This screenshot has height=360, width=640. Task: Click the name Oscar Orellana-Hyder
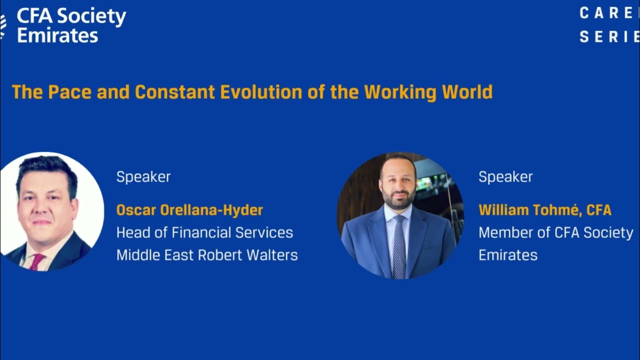189,210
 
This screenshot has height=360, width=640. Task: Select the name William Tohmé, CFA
544,210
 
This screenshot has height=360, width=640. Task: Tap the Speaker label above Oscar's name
143,177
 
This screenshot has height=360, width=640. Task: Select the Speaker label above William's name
505,177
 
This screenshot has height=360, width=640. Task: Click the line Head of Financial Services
204,232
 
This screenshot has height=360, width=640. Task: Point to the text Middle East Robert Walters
207,255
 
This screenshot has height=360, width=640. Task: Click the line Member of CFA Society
555,232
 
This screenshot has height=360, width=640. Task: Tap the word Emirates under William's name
507,255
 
